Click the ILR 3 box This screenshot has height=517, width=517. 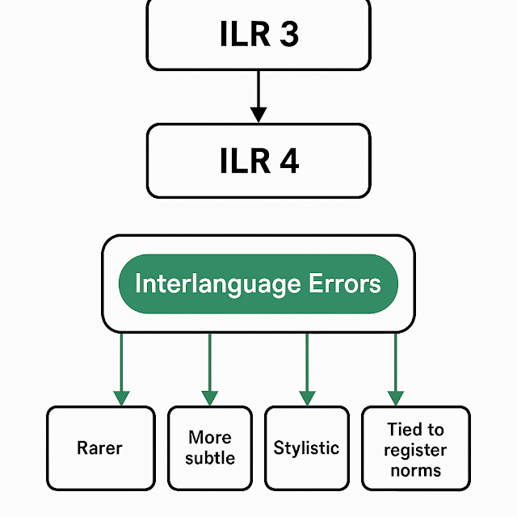click(258, 34)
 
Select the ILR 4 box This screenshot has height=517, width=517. click(258, 161)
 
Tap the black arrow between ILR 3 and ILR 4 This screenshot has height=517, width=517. click(258, 97)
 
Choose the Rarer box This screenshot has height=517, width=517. click(100, 448)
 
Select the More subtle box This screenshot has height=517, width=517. click(210, 448)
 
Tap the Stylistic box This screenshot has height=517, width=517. click(306, 448)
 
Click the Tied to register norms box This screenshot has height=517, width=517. click(415, 448)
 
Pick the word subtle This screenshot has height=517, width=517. click(210, 458)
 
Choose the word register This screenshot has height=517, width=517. click(415, 450)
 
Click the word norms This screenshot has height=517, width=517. click(415, 469)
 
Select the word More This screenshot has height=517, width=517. click(210, 438)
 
